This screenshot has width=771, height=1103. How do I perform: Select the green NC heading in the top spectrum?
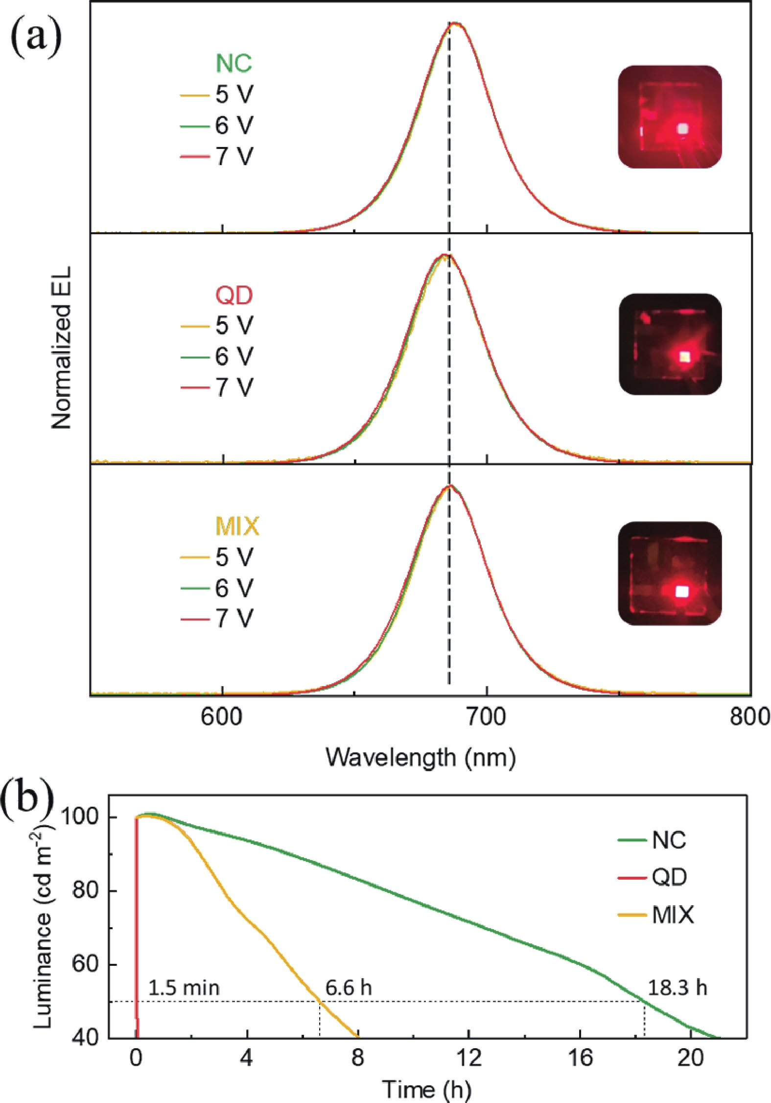(x=234, y=63)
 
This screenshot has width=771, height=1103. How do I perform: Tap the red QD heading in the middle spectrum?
(x=234, y=295)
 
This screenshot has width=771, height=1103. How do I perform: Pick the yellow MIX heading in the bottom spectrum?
(x=237, y=526)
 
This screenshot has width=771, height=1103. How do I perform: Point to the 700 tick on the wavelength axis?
(x=487, y=717)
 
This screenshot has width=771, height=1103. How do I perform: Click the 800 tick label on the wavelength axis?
(x=749, y=717)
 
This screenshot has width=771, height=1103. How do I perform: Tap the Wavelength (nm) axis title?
(x=421, y=757)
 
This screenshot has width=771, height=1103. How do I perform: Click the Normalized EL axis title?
(x=62, y=348)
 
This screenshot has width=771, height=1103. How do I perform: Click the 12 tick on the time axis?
(x=468, y=1058)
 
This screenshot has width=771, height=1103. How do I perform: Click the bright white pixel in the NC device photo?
(x=682, y=129)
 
